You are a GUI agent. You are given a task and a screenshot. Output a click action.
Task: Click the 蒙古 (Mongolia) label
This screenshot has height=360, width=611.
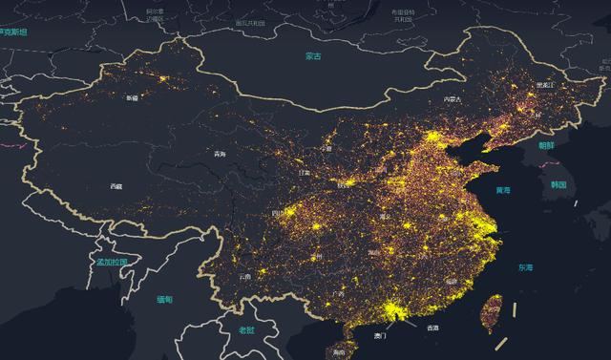[314, 56]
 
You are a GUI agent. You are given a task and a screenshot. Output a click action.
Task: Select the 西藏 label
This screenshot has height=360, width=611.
[116, 186]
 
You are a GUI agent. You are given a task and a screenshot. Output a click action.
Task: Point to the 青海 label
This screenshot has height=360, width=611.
[221, 155]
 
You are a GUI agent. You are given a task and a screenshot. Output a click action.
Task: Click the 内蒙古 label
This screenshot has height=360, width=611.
[452, 99]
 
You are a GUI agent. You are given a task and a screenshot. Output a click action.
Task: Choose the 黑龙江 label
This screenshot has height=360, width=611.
[544, 85]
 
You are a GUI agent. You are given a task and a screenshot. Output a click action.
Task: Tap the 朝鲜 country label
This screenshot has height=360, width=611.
[545, 145]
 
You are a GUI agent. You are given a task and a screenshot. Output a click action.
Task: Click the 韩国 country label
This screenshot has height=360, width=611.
[558, 183]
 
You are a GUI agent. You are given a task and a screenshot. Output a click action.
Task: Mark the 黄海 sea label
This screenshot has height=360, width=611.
[502, 190]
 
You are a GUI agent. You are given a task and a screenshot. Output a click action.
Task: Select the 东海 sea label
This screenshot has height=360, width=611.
[525, 267]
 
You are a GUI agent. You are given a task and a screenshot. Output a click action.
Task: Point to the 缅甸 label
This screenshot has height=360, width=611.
[165, 299]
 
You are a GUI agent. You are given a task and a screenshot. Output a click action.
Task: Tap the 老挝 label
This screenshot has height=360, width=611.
[247, 329]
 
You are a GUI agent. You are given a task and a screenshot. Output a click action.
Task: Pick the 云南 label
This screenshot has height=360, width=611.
[245, 278]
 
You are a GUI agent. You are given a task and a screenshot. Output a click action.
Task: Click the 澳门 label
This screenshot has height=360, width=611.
[381, 336]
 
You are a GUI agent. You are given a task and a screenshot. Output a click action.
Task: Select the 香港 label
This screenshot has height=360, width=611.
[432, 328]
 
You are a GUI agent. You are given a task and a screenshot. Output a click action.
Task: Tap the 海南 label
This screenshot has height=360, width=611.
[341, 353]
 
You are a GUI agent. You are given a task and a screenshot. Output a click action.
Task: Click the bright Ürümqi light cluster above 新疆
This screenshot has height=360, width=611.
[163, 75]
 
